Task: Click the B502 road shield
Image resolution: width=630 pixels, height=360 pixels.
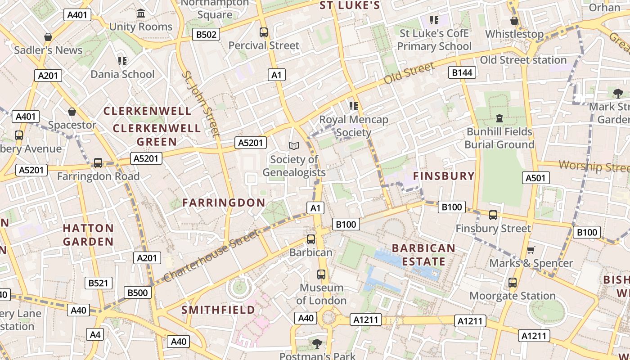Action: [206, 34]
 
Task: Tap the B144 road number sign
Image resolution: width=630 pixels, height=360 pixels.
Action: [462, 72]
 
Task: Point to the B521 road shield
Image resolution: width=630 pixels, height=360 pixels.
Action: [99, 283]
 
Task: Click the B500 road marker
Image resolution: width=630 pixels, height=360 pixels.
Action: [137, 293]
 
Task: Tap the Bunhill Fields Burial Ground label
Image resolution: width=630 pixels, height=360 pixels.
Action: [499, 138]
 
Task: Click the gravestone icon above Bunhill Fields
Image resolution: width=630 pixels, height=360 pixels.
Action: [499, 118]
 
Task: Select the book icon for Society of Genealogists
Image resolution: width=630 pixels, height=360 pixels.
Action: [294, 146]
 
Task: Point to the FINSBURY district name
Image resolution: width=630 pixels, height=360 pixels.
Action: [444, 176]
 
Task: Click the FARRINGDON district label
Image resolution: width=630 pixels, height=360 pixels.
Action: [224, 202]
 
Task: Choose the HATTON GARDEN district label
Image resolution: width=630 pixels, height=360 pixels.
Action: [88, 235]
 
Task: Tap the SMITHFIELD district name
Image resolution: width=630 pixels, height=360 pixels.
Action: [218, 310]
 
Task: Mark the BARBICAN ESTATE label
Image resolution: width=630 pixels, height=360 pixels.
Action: [423, 255]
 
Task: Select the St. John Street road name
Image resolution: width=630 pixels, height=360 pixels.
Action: [201, 103]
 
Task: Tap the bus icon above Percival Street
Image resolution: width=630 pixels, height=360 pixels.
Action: [264, 32]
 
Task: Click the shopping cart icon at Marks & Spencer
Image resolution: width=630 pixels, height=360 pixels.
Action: [531, 250]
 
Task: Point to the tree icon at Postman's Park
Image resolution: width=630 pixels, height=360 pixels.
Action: [317, 344]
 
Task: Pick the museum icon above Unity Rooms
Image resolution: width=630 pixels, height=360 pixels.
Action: [141, 13]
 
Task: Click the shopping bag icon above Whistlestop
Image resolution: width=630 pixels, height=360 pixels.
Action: [514, 21]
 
